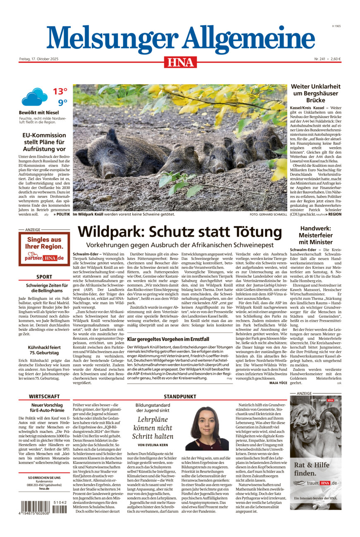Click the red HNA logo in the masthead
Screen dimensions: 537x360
pyautogui.click(x=180, y=62)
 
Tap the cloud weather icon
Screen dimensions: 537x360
pyautogui.click(x=35, y=97)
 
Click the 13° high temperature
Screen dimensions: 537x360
pyautogui.click(x=60, y=91)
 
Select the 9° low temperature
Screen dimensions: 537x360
pyautogui.click(x=62, y=102)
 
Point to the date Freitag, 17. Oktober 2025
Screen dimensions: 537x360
pyautogui.click(x=39, y=59)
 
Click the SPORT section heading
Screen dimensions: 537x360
pyautogui.click(x=44, y=277)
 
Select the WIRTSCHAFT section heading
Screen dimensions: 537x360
pyautogui.click(x=44, y=396)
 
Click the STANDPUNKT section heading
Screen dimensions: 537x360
pyautogui.click(x=180, y=396)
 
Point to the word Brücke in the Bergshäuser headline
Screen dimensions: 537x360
pyautogui.click(x=316, y=100)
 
